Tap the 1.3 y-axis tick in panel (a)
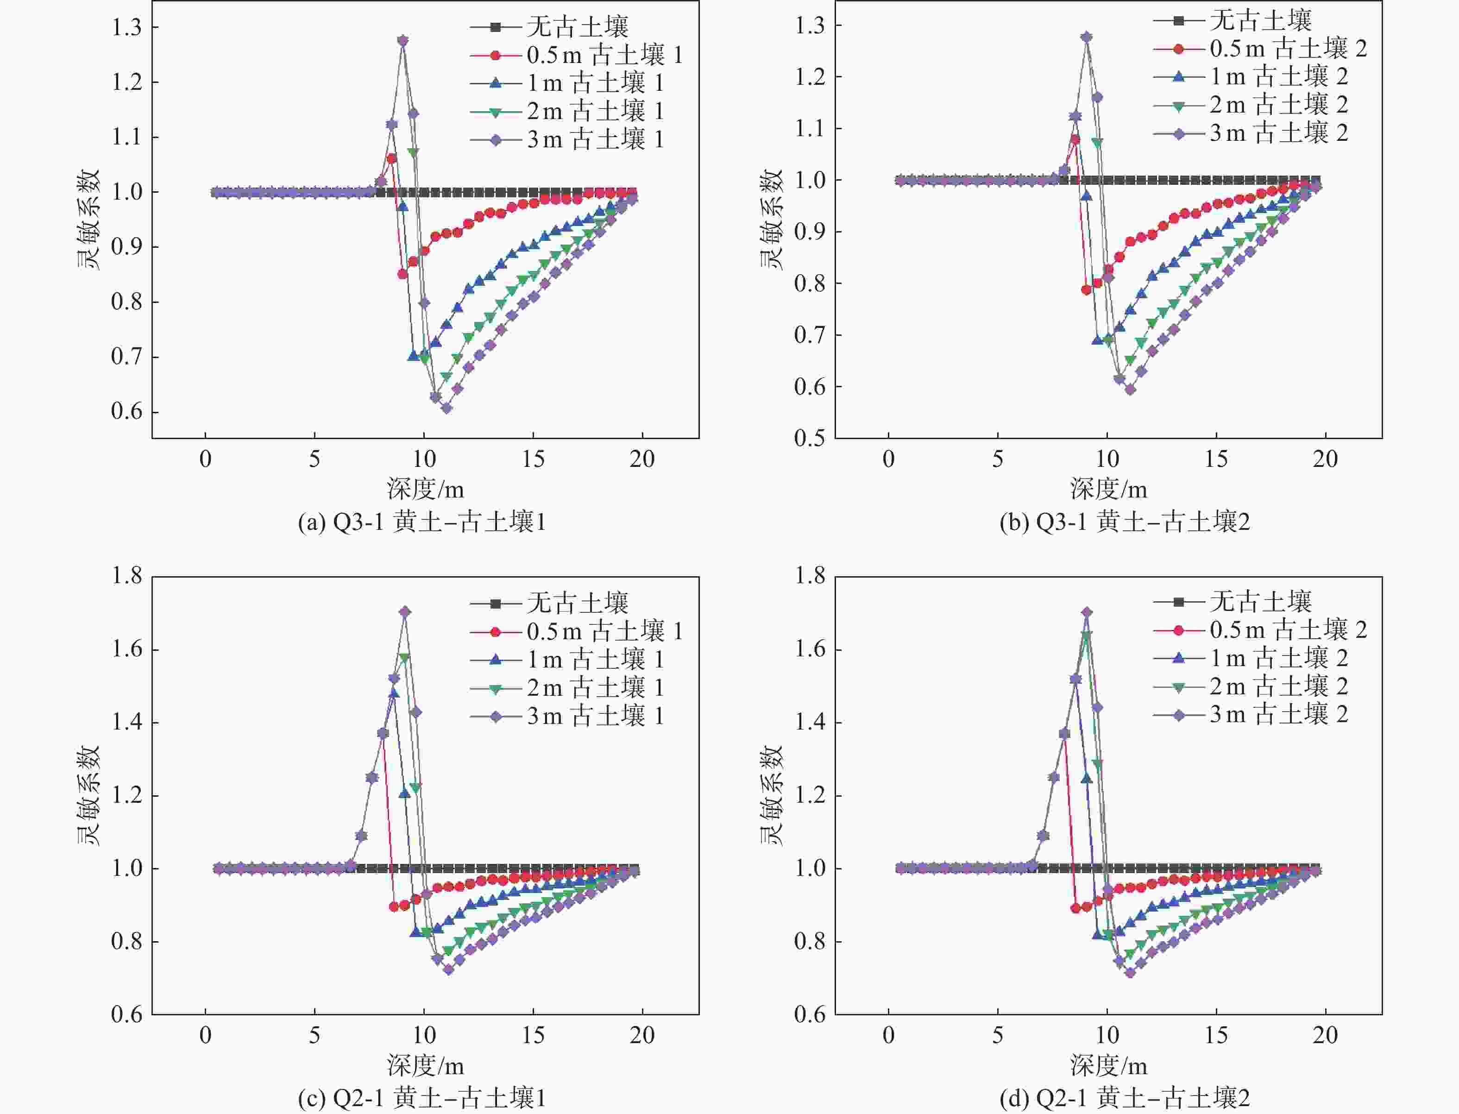pos(126,27)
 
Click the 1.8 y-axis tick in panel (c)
pos(126,576)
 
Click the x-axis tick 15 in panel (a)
pos(533,459)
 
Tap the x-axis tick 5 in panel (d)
pos(998,1035)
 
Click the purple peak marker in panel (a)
pos(402,40)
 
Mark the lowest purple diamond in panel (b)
pos(1130,390)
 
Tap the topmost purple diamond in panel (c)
pos(405,611)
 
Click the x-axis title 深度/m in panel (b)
pos(1107,489)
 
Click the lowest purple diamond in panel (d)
pos(1130,973)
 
